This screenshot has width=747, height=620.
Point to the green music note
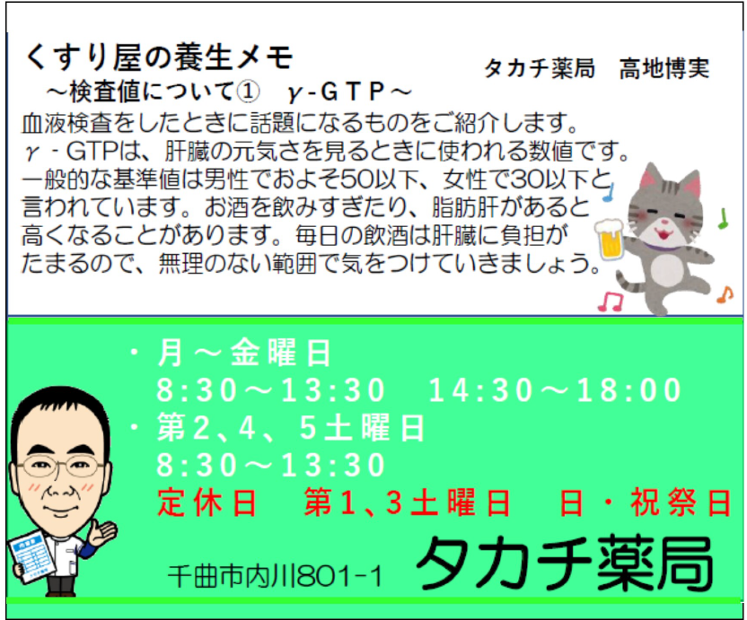tap(723, 218)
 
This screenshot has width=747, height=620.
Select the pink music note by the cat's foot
tap(611, 301)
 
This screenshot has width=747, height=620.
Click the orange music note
tap(725, 294)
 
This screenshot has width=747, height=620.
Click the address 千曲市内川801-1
tap(276, 576)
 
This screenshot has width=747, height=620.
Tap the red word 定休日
tap(207, 502)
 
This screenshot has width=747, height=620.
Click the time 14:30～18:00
tap(555, 390)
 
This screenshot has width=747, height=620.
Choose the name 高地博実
tap(664, 68)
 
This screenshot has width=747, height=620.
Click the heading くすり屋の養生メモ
tap(158, 57)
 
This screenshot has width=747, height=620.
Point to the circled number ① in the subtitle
tap(248, 92)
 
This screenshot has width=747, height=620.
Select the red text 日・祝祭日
tap(645, 502)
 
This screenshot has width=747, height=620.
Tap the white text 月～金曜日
tap(243, 353)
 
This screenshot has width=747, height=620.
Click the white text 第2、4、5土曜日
tap(290, 427)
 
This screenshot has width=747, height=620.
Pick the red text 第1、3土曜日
tap(408, 502)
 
